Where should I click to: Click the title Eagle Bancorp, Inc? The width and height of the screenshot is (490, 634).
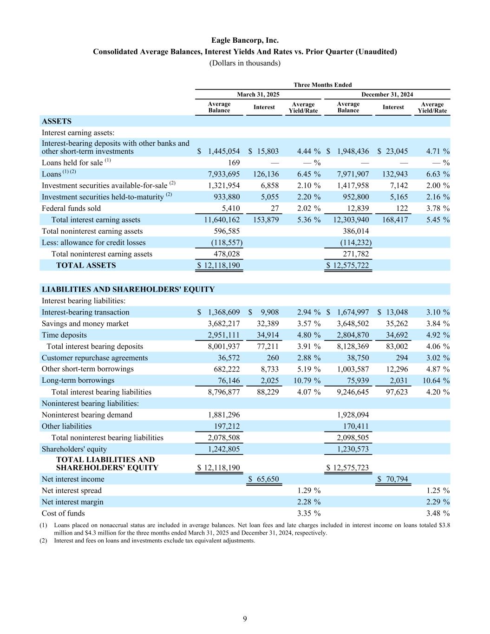coord(245,40)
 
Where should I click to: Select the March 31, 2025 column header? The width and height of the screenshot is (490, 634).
coord(258,94)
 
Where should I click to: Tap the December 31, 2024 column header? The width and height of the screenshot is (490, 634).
coord(387,94)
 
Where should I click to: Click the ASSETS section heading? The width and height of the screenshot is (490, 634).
coord(57,121)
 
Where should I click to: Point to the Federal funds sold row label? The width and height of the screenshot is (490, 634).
coord(71,208)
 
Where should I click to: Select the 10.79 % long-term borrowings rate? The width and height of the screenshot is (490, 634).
coord(307,380)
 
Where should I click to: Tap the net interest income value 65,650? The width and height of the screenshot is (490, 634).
coord(266,479)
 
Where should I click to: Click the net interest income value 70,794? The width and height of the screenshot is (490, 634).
coord(395,479)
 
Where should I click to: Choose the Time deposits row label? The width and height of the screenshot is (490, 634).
coord(64,335)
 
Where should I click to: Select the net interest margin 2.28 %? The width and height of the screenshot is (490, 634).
coord(308,502)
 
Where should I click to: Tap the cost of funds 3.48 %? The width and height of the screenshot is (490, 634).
coord(438,513)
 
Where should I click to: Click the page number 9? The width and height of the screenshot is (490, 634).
coord(245,618)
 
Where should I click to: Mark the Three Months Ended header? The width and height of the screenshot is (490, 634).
coord(322,85)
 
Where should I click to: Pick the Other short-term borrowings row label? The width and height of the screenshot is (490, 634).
coord(87,369)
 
